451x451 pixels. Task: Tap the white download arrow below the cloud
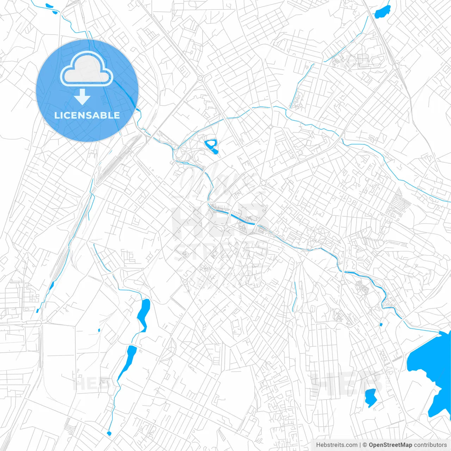click(82, 97)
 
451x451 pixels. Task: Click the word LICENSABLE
click(87, 115)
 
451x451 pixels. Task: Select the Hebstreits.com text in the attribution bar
click(336, 445)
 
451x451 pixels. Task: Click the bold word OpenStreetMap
click(390, 445)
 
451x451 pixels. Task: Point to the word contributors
click(430, 445)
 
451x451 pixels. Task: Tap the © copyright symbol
click(365, 445)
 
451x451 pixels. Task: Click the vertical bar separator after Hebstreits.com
click(360, 445)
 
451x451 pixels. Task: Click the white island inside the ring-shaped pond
click(211, 144)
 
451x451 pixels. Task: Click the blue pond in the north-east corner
click(383, 12)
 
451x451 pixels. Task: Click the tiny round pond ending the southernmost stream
click(109, 433)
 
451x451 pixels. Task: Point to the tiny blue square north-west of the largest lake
click(381, 325)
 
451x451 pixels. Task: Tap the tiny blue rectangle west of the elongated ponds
click(99, 330)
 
